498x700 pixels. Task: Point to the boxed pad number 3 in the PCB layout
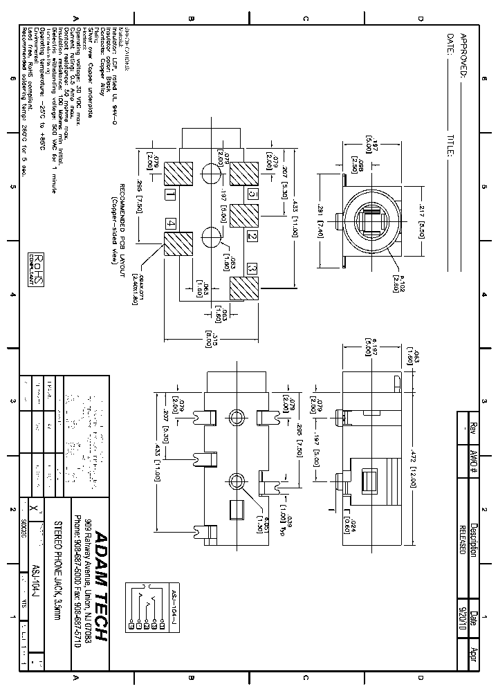click(x=252, y=268)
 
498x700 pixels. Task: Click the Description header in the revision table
click(x=474, y=535)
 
